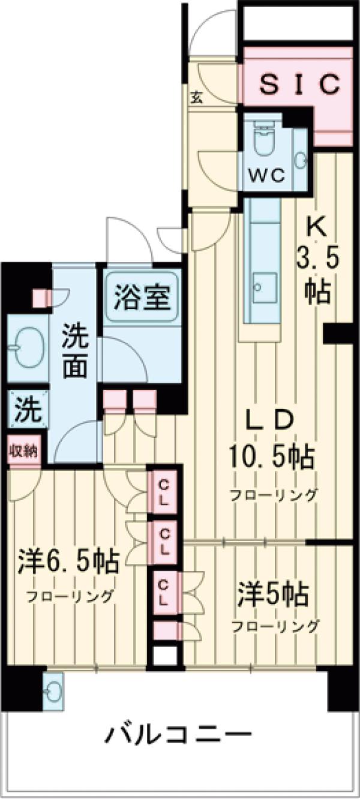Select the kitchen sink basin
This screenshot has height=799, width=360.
pyautogui.click(x=265, y=287)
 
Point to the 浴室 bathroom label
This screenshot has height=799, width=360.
pyautogui.click(x=142, y=296)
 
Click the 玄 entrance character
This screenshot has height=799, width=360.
pyautogui.click(x=197, y=98)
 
